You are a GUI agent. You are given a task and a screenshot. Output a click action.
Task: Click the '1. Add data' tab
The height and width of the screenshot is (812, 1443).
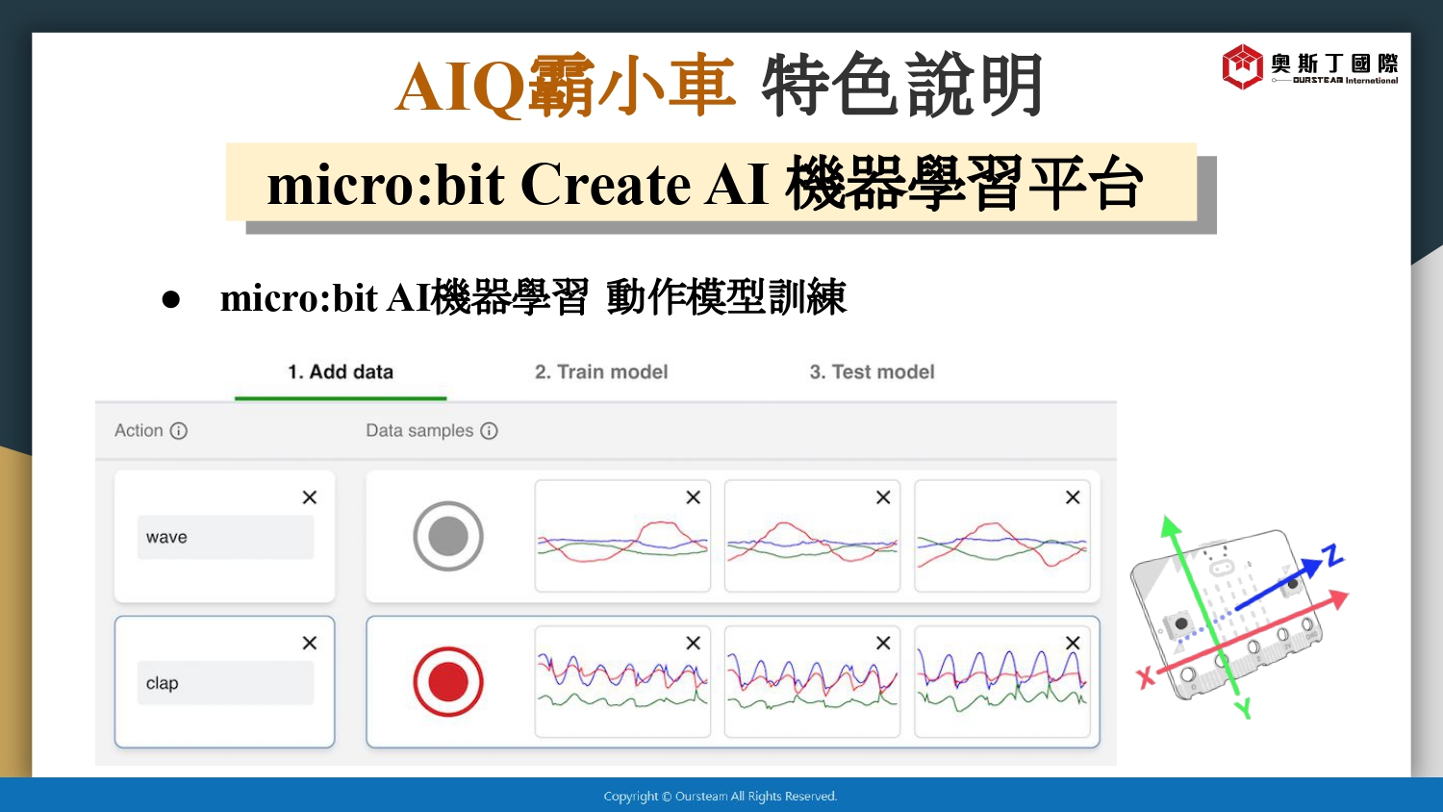click(341, 372)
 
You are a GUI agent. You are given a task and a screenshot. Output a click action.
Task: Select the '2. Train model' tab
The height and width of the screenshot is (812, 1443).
click(601, 372)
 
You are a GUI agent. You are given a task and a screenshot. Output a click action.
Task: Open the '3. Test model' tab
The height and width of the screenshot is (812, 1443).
click(872, 372)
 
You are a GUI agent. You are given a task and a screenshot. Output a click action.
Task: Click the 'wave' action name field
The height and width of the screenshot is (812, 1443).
click(225, 537)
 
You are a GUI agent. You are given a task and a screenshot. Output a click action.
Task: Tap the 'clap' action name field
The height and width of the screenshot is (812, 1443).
click(225, 682)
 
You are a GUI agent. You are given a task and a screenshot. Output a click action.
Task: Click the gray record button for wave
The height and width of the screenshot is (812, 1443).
click(448, 536)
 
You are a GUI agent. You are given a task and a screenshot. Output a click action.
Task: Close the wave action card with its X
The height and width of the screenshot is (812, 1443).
click(310, 497)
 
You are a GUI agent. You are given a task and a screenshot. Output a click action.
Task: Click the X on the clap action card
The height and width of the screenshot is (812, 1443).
click(310, 644)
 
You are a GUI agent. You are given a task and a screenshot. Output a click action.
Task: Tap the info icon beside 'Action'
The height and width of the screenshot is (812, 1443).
click(178, 430)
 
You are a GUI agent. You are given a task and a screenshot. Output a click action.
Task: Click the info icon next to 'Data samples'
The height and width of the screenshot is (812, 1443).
click(489, 430)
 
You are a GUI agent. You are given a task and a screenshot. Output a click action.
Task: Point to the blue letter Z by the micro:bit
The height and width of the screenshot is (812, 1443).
click(1332, 555)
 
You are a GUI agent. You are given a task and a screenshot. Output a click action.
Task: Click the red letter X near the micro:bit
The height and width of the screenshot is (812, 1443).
click(1146, 677)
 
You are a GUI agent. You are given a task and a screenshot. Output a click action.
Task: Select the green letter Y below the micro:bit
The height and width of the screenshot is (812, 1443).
click(1244, 708)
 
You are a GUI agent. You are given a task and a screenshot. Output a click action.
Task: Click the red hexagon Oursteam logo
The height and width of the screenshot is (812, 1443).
click(1242, 66)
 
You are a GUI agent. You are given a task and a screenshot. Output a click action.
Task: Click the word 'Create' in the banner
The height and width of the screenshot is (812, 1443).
click(604, 185)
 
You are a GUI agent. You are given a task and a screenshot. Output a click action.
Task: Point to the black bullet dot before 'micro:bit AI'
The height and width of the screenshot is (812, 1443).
click(170, 299)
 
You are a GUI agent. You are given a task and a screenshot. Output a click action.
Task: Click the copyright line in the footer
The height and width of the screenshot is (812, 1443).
click(721, 796)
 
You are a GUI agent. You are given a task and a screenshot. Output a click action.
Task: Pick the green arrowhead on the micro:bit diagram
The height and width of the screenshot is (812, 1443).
click(1170, 526)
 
